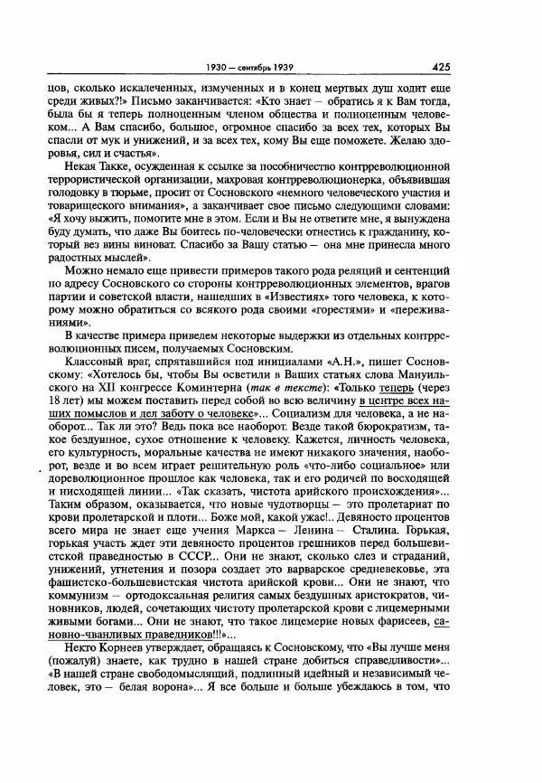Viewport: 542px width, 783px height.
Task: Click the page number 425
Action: click(442, 65)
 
